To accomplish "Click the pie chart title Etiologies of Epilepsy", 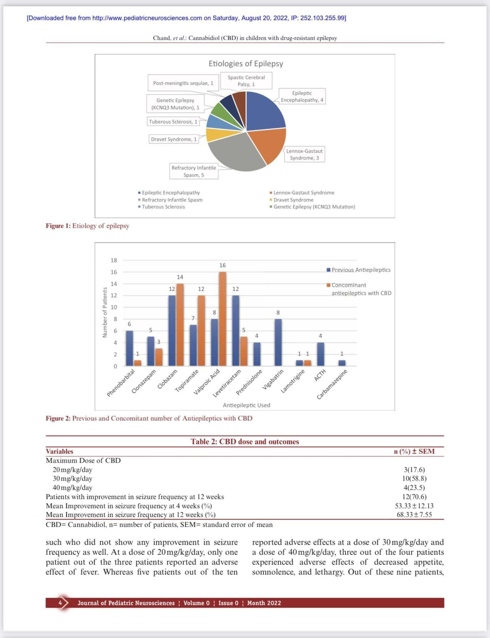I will pos(246,64).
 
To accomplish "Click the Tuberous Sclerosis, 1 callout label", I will pos(173,122).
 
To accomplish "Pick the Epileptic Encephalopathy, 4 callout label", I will pos(302,96).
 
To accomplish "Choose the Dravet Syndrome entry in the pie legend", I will pos(293,200).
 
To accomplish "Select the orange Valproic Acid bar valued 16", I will pos(222,319).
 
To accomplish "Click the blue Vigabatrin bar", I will pos(278,342).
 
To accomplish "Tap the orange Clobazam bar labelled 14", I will pos(180,325).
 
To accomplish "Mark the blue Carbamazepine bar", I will pos(342,363).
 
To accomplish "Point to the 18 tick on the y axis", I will pos(114,260).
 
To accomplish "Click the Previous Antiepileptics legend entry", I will pos(361,270).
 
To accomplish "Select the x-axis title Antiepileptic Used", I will pos(247,405).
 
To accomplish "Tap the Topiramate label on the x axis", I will pos(187,380).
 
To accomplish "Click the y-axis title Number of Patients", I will pos(105,312).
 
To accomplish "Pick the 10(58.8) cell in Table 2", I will pos(414,479).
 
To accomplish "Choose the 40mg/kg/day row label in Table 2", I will pos(73,488).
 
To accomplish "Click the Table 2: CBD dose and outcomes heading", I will pos(245,442).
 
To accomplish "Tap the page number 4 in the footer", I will pos(60,603).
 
